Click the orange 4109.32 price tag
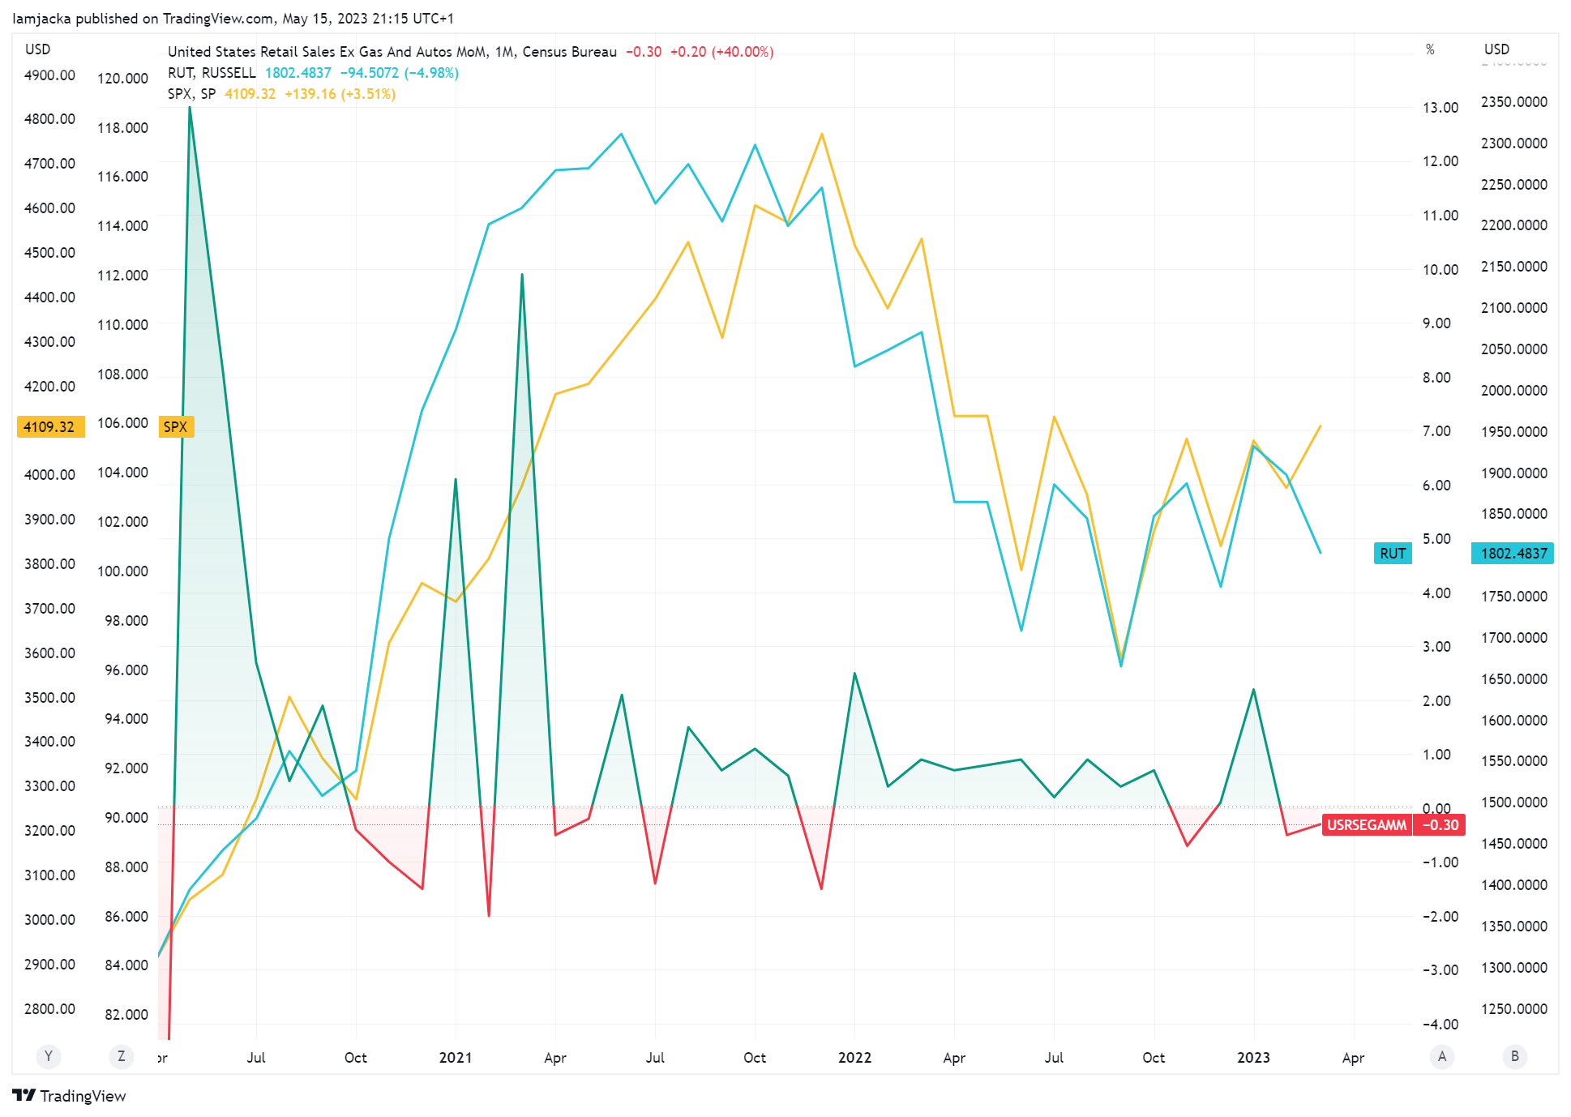click(x=49, y=426)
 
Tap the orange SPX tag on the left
click(x=175, y=426)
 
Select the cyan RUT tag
click(x=1392, y=554)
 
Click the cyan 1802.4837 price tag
click(x=1513, y=554)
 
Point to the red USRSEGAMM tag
click(x=1366, y=825)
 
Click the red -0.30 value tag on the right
click(x=1440, y=825)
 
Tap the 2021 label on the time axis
click(x=455, y=1057)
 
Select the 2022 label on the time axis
click(x=854, y=1057)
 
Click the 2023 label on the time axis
click(x=1253, y=1057)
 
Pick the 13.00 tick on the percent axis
click(x=1440, y=108)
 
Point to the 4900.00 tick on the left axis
click(x=49, y=75)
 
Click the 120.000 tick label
click(x=122, y=79)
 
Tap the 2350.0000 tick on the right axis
click(x=1513, y=102)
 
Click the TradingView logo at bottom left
click(x=70, y=1096)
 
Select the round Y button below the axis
click(x=49, y=1056)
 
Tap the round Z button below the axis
click(x=121, y=1056)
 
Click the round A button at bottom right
click(x=1441, y=1056)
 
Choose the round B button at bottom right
click(x=1514, y=1056)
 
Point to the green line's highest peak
click(x=190, y=107)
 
